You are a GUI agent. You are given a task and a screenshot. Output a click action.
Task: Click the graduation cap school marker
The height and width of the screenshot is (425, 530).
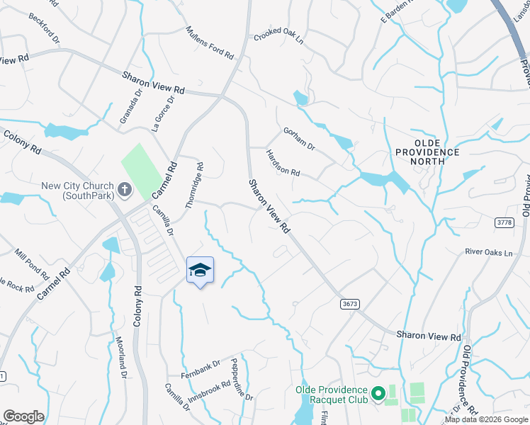pos(200,270)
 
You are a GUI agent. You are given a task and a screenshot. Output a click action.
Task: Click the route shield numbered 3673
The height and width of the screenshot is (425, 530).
pos(349,303)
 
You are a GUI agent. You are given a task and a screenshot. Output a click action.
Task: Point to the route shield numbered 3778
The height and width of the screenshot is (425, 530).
pos(504,222)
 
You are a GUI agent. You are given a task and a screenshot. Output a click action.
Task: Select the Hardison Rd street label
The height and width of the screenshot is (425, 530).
pos(283,163)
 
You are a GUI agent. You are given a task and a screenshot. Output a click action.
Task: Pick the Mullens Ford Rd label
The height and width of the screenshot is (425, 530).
pos(210,42)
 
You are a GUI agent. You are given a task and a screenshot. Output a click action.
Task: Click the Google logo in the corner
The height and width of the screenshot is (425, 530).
pos(23,416)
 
